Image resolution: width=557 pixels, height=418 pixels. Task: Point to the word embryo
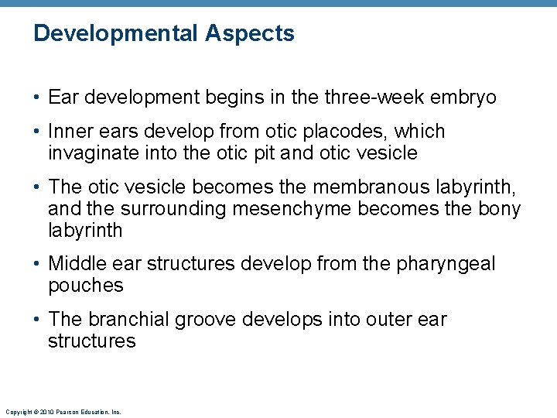pyautogui.click(x=462, y=98)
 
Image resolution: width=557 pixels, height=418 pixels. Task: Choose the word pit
pyautogui.click(x=262, y=153)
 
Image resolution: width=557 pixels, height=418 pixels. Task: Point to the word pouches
pyautogui.click(x=86, y=286)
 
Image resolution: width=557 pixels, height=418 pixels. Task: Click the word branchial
pyautogui.click(x=130, y=320)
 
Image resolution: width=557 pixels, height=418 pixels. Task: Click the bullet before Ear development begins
pyautogui.click(x=38, y=98)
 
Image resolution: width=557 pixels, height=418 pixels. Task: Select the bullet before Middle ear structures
pyautogui.click(x=38, y=264)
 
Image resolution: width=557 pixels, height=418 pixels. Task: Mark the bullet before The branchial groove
pyautogui.click(x=38, y=320)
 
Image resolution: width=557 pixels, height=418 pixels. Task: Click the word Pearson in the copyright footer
pyautogui.click(x=63, y=413)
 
